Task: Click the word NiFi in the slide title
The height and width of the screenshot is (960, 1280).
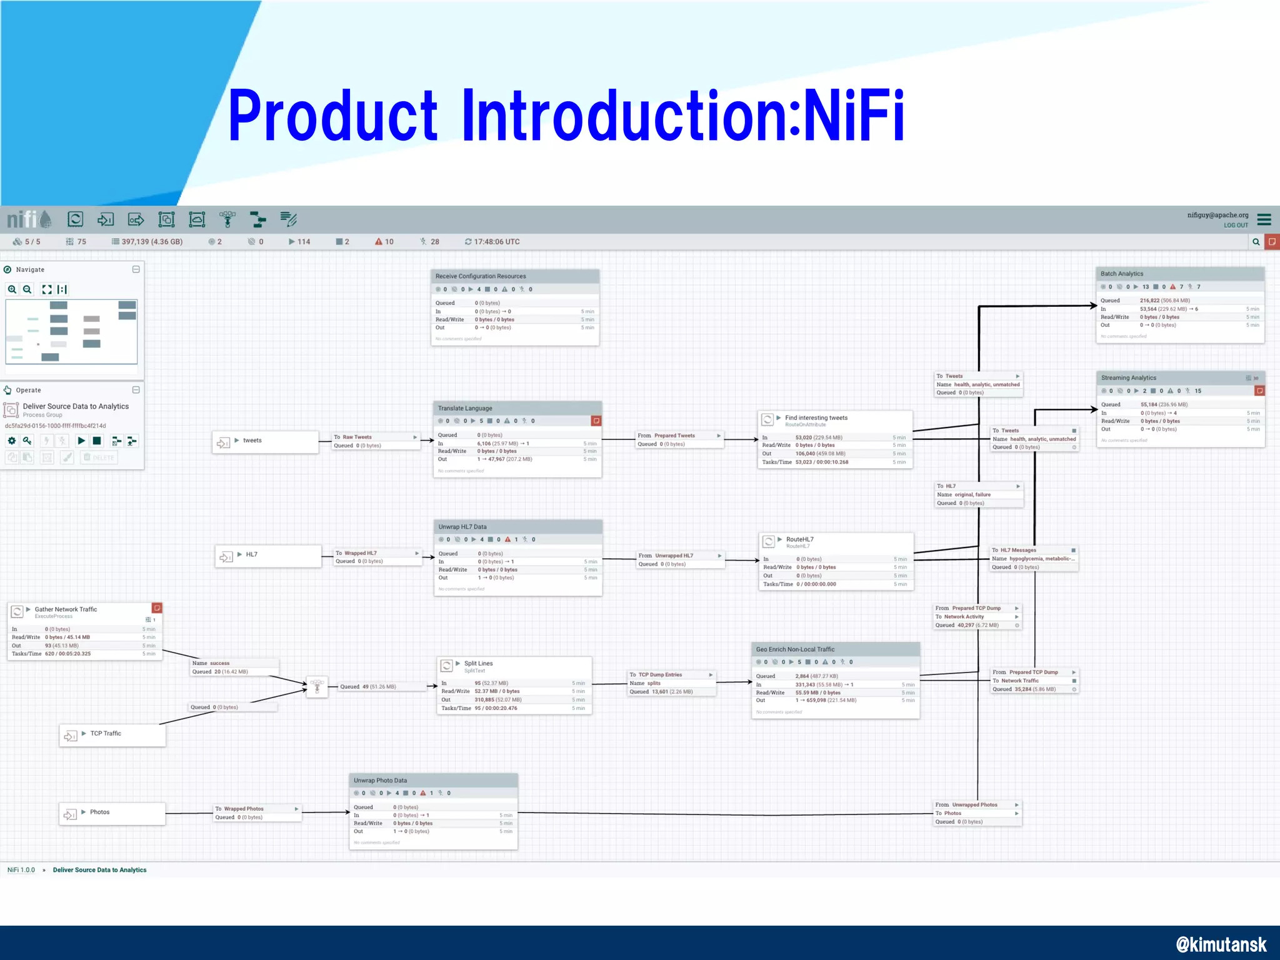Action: tap(854, 116)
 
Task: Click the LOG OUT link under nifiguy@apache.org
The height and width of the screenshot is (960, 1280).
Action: tap(1235, 226)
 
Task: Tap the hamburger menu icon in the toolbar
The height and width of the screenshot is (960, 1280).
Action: tap(1264, 219)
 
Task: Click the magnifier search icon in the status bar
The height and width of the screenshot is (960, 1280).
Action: tap(1256, 242)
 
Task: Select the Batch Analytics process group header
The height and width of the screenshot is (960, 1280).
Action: tap(1122, 274)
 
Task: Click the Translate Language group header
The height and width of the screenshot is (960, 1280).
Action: tap(465, 408)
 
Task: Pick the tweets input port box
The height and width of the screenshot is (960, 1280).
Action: tap(265, 441)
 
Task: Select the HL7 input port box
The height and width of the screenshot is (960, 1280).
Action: tap(267, 555)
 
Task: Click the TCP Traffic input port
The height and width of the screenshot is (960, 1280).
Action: tap(112, 734)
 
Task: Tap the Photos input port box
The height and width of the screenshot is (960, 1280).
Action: tap(112, 813)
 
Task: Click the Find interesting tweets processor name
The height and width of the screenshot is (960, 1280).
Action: tap(816, 417)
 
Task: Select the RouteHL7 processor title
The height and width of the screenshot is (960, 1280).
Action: tap(799, 539)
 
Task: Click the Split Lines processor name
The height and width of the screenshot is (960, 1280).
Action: tap(478, 663)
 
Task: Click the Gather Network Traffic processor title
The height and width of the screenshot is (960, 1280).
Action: tap(66, 609)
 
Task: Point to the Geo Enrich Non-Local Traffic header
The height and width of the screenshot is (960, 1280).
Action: tap(795, 649)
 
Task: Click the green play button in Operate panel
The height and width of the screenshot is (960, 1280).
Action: tap(81, 441)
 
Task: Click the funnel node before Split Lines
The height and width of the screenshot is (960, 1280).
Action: tap(317, 687)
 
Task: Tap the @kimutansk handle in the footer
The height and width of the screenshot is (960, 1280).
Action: tap(1221, 944)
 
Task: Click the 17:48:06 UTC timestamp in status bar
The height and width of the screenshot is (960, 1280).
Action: tap(496, 242)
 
